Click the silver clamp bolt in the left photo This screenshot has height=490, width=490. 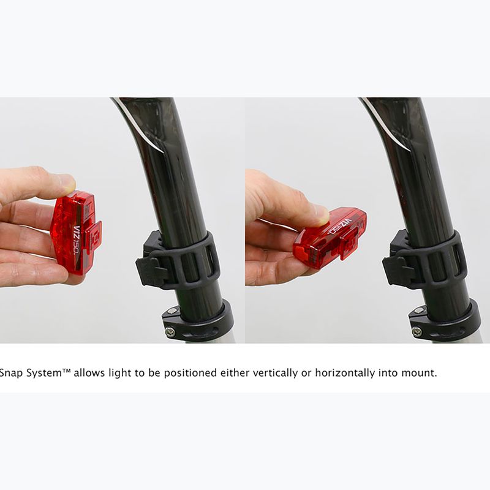point(170,331)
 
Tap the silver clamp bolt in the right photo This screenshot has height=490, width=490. point(417,331)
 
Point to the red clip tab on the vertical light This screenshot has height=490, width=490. point(94,235)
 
